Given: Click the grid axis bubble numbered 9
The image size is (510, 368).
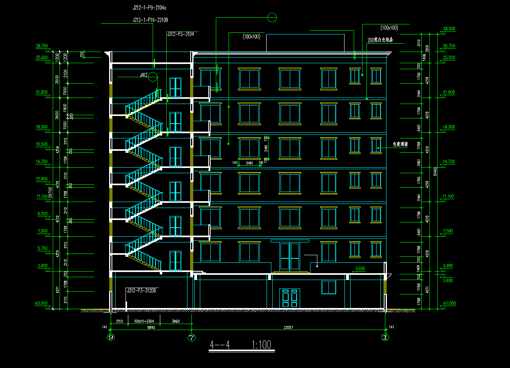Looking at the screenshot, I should coord(111,337).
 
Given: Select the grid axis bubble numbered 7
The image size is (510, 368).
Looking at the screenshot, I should coord(192,337).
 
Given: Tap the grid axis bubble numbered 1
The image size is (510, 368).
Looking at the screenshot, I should coord(385,337).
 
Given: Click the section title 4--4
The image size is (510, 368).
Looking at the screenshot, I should coord(220,344).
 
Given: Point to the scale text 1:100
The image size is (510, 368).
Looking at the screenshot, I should coord(261,344).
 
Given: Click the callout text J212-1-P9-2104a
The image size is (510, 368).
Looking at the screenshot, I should coord(149,8).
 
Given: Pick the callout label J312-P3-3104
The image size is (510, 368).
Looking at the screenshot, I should coord(180,34).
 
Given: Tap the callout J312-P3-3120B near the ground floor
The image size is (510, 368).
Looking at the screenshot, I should coord(141,290).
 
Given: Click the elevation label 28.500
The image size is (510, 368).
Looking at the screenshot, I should coord(449,29).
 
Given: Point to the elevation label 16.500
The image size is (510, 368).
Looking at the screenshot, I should coord(42,144).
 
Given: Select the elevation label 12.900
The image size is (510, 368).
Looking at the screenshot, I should coord(42,179).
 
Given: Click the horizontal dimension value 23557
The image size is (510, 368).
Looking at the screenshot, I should coord(288,327).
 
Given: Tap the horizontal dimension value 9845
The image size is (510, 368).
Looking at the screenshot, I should coord(151,327).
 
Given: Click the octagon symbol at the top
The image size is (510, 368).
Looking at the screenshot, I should coord(272,18).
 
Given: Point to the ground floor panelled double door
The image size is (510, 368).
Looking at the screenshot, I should coord(290,298).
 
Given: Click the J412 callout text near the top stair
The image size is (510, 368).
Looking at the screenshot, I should coord(144,75).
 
